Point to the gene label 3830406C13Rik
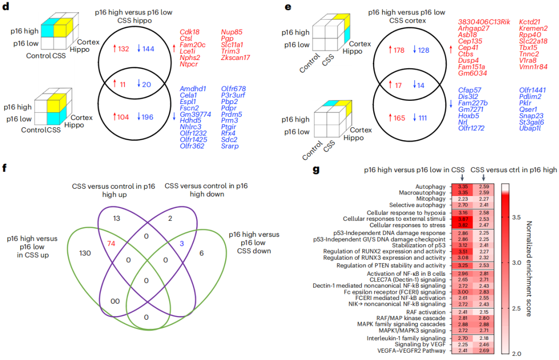pos(484,21)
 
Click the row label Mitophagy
pos(432,199)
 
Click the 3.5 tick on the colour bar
pos(517,218)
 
